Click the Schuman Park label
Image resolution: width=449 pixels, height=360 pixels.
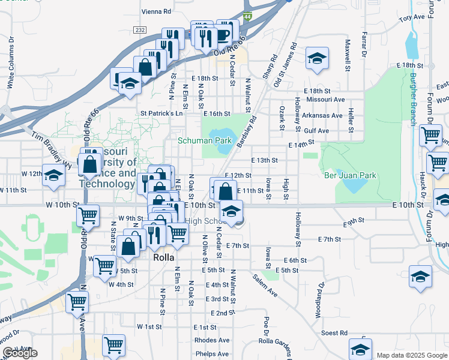205,140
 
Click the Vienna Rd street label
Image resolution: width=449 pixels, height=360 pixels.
156,11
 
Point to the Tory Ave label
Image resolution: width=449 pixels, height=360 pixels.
412,19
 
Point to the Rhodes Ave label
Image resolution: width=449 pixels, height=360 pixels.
211,340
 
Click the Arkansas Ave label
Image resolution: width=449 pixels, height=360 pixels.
322,115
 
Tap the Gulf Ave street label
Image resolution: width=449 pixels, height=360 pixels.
316,130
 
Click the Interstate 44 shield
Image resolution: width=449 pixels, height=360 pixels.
248,18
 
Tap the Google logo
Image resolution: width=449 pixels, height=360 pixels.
20,353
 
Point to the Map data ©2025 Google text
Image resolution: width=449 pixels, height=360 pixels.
411,355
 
